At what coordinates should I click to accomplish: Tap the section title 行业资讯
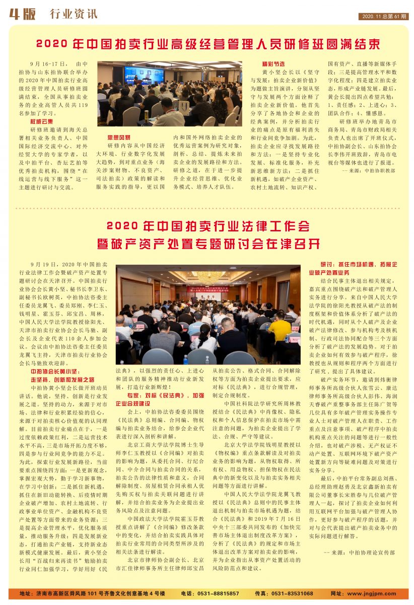(x=74, y=14)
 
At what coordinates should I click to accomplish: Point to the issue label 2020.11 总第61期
(x=384, y=17)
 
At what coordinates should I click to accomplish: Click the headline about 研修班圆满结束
(x=207, y=44)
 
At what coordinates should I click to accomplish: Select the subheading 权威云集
(x=41, y=122)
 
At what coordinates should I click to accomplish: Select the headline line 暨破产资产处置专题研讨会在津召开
(x=207, y=245)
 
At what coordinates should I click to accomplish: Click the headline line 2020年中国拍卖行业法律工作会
(x=207, y=225)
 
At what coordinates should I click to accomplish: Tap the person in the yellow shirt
(x=280, y=328)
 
